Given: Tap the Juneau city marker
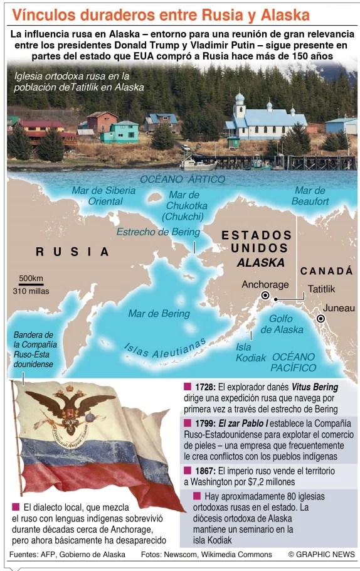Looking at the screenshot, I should pos(321,319).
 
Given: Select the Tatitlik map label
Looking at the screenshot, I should pos(321,289).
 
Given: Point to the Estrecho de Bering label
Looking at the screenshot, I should pos(158,232).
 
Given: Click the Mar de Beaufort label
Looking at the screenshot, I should pos(310,196).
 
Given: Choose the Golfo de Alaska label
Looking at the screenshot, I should pos(282,324).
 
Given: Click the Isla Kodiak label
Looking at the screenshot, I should pos(246,352).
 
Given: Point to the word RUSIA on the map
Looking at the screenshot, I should pos(72,252).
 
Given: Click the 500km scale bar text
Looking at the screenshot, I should pos(31,278).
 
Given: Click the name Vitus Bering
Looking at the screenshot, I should pos(314,387).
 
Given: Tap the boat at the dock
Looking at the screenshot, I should pos(196,164).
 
